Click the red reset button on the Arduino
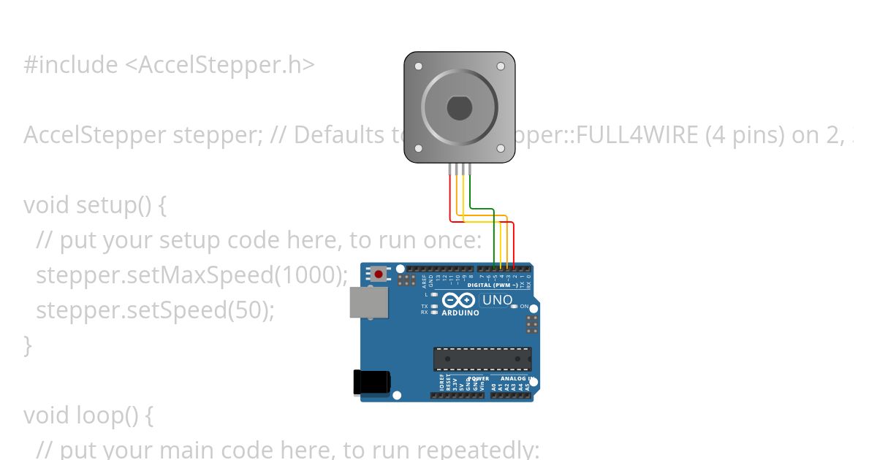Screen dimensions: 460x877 click(x=379, y=275)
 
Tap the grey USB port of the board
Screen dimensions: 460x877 click(x=368, y=302)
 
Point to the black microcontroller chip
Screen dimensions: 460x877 click(x=482, y=359)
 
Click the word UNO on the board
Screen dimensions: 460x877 click(x=498, y=299)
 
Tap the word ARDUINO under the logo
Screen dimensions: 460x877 click(x=460, y=313)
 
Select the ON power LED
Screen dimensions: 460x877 click(x=515, y=307)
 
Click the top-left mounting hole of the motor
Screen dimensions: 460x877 click(x=418, y=66)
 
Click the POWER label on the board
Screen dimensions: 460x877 click(x=479, y=379)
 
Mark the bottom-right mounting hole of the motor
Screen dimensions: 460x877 click(x=501, y=149)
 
